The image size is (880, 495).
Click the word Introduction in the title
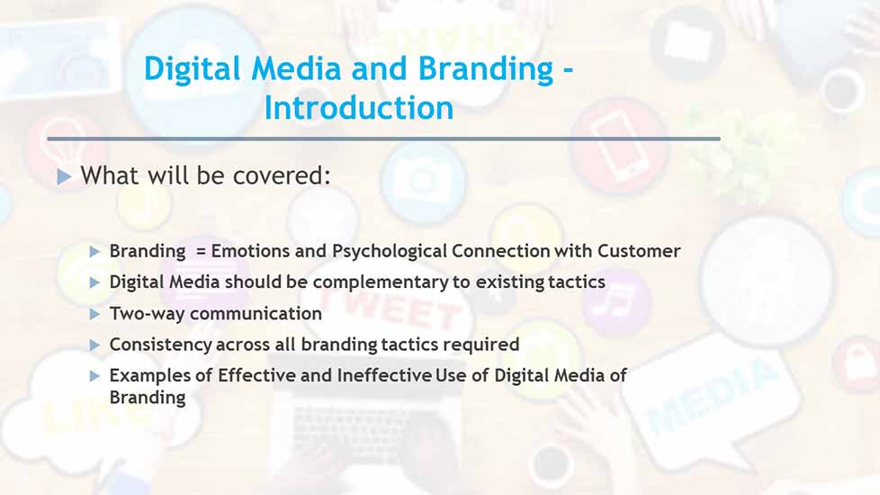[359, 107]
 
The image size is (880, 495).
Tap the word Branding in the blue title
[486, 68]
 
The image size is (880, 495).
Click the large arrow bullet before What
[64, 176]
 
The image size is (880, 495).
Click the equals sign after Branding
[201, 251]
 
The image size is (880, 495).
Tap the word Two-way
[147, 313]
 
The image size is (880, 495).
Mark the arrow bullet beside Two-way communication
[94, 314]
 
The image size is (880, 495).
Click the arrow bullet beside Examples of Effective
[94, 376]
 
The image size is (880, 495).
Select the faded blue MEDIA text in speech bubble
[713, 397]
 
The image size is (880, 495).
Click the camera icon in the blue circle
[423, 181]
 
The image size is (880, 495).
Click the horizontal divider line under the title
[384, 139]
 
